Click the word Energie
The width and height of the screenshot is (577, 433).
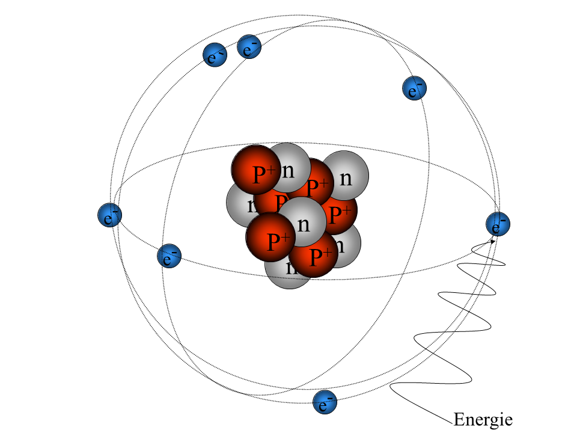pos(483,419)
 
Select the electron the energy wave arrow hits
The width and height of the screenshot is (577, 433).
pos(498,224)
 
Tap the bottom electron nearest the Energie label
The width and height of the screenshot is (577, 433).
pos(325,402)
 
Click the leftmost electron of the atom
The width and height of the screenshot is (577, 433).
pos(110,216)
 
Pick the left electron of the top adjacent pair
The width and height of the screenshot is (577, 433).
pos(215,55)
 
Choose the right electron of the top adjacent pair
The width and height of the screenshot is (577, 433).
pos(249,47)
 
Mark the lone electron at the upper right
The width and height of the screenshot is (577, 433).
pos(415,88)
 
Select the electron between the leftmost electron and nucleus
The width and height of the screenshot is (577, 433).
pos(169,256)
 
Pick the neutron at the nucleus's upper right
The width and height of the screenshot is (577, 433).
pos(345,176)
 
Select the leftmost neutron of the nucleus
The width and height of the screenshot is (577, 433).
pos(240,203)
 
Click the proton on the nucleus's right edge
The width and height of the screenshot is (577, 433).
pos(341,212)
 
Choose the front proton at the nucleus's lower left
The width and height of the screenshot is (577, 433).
pos(270,237)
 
